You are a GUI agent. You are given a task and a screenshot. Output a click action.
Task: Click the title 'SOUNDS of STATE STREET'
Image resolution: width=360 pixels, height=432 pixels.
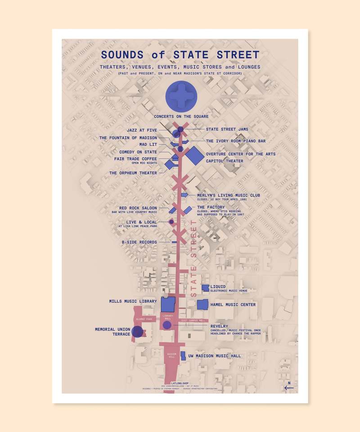[180, 55]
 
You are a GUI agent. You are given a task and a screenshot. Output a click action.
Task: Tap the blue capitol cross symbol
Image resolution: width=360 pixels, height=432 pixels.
[180, 97]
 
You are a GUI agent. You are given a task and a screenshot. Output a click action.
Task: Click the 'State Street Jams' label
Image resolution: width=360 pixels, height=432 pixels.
[227, 130]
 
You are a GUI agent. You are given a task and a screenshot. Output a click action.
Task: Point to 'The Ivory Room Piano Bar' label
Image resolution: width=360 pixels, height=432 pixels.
[236, 141]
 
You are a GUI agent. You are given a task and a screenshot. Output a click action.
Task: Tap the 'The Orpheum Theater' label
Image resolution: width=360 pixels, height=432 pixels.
[133, 173]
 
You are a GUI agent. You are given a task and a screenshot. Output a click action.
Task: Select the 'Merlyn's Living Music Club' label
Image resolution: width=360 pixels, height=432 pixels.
[229, 195]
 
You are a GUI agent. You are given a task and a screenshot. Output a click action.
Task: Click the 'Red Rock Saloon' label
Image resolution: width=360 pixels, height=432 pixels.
[138, 208]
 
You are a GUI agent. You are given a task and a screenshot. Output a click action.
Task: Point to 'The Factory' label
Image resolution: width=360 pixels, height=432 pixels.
[211, 207]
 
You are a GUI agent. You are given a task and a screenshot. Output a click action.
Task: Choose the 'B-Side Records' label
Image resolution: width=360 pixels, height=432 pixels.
[139, 242]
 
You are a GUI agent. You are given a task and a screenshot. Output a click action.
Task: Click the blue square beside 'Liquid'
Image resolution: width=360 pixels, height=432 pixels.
[205, 288]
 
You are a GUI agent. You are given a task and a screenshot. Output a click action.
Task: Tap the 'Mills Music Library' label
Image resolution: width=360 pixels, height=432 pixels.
[133, 301]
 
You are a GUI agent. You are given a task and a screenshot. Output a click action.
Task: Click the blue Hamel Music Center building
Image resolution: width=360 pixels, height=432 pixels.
[203, 305]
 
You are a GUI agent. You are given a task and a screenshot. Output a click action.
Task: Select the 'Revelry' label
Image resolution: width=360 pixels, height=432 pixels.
[219, 326]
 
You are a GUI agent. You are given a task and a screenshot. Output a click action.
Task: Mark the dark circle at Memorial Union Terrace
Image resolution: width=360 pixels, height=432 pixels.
[137, 333]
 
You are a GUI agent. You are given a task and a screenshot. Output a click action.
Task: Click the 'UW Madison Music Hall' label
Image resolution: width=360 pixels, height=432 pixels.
[214, 356]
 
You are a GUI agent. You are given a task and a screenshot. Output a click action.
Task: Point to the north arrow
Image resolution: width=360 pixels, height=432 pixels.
[288, 387]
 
